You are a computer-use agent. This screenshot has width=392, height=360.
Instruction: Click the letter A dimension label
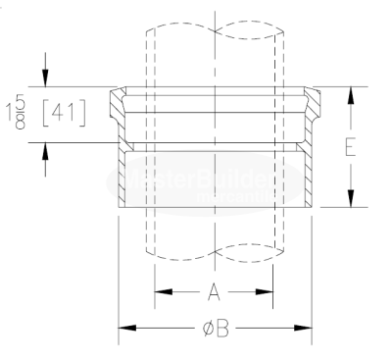pos(214,291)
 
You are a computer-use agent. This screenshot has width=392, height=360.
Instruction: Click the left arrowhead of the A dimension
pos(161,291)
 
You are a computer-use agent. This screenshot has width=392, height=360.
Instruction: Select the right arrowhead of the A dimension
pos(266,291)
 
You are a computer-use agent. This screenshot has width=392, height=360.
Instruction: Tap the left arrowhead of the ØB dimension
pos(125,329)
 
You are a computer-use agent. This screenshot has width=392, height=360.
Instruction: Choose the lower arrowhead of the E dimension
pos(350,200)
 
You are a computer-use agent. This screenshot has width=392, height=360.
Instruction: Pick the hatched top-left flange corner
pos(118,98)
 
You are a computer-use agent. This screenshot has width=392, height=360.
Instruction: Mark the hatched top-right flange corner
pos(314,98)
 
